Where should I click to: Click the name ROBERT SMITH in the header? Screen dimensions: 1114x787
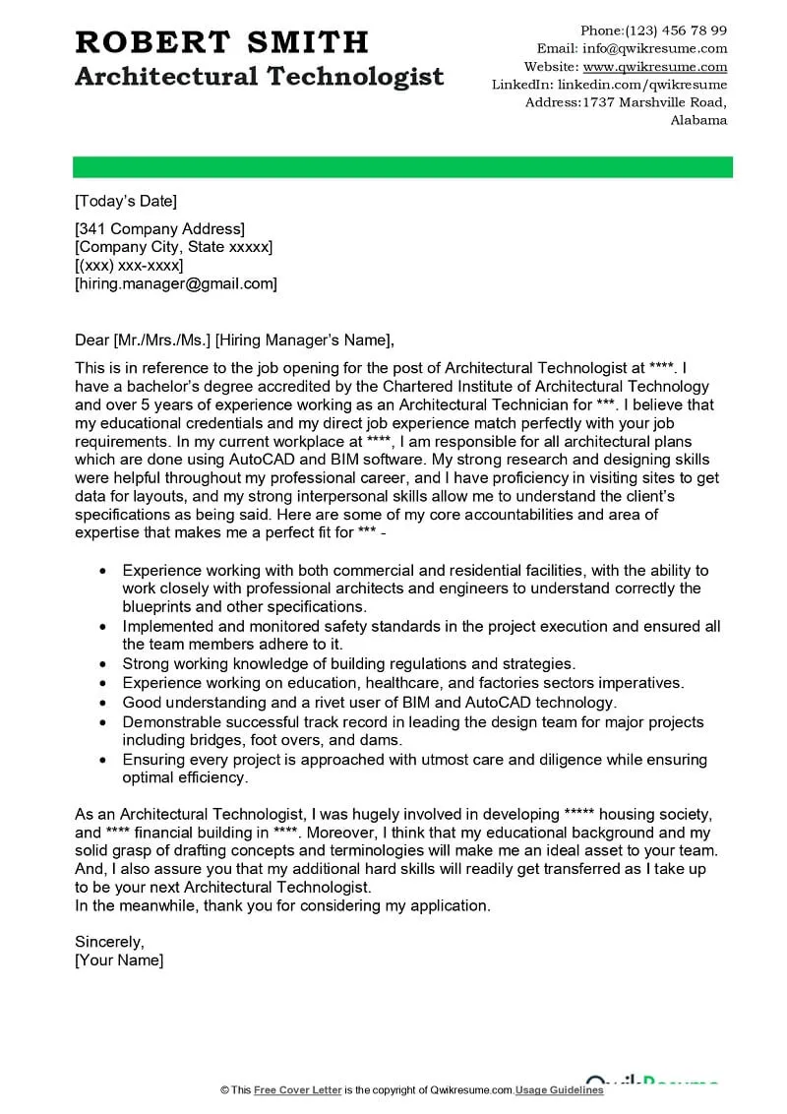(x=221, y=41)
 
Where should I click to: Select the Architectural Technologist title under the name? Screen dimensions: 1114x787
(x=259, y=76)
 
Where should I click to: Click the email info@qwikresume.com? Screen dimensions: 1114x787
(x=654, y=48)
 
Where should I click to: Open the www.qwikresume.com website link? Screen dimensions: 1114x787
(x=654, y=67)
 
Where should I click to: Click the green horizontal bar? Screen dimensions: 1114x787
(x=403, y=167)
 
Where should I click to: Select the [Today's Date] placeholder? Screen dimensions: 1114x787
(x=126, y=202)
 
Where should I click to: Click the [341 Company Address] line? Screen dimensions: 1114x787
(x=159, y=229)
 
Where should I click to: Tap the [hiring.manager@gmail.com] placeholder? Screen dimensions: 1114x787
(x=176, y=283)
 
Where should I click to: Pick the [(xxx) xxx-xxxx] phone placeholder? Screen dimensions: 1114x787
(x=129, y=266)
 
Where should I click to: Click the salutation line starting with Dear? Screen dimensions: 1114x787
(x=234, y=340)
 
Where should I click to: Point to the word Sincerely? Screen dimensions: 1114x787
(x=109, y=941)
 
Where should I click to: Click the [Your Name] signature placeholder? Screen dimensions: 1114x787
(x=119, y=959)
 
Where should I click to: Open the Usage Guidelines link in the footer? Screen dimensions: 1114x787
(x=559, y=1090)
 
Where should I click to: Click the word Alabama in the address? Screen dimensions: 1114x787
(x=698, y=120)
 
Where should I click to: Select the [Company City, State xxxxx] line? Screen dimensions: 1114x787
(x=174, y=247)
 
